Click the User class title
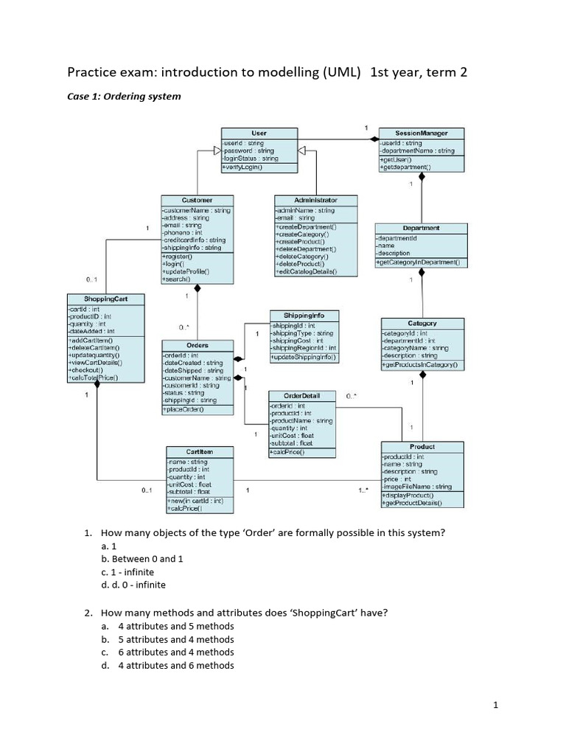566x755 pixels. (259, 133)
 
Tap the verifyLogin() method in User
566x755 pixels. (242, 167)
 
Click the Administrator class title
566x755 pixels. (315, 200)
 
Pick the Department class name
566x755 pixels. (421, 229)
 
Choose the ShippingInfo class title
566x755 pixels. (304, 315)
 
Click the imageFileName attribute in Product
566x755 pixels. (417, 487)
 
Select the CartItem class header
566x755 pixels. (200, 450)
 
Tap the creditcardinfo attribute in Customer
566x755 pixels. (194, 240)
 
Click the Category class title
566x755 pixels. (422, 323)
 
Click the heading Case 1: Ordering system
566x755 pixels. (124, 97)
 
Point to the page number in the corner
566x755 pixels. (496, 705)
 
